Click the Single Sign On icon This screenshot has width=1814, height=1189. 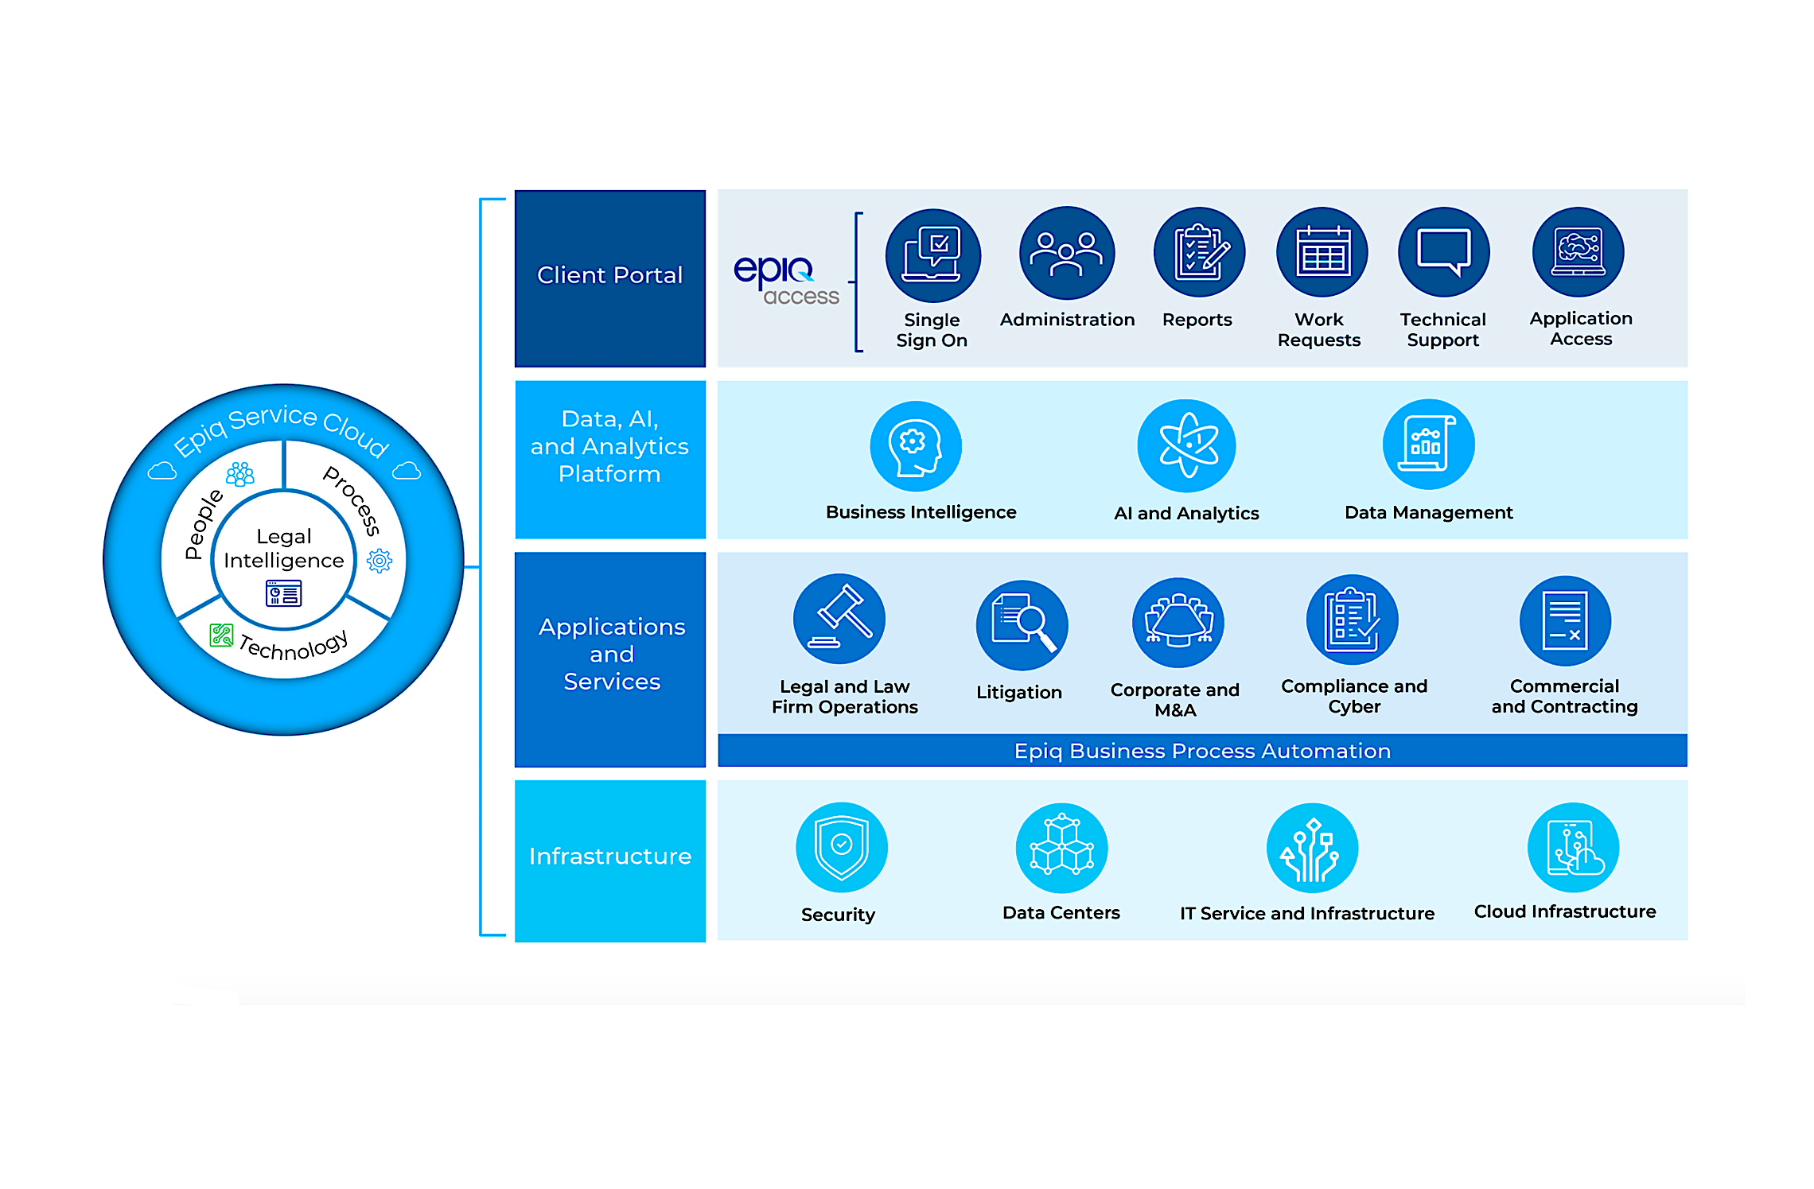(932, 255)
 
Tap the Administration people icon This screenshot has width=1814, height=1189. (1066, 253)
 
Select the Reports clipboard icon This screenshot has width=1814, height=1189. (1199, 253)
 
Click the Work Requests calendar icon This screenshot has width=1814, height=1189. (1322, 253)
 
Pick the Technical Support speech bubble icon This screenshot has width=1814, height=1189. (1443, 253)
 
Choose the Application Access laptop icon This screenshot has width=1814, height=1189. (1578, 253)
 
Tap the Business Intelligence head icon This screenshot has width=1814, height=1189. (916, 446)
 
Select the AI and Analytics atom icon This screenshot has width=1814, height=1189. (1186, 446)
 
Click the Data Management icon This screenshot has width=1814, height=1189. (1429, 445)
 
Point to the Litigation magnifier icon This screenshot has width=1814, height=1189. (1022, 626)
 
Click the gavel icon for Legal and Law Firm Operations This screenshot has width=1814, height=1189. (839, 620)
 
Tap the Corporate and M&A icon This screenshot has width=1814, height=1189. (1178, 623)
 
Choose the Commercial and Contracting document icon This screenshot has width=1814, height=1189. (1565, 621)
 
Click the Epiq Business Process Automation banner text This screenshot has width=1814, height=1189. (1202, 751)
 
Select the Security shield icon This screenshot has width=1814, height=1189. (842, 848)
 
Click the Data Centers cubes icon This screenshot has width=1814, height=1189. (1061, 849)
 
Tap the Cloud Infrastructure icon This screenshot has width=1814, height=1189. (1573, 849)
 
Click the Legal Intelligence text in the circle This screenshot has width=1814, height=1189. (284, 549)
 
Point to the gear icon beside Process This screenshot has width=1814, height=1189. (380, 561)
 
